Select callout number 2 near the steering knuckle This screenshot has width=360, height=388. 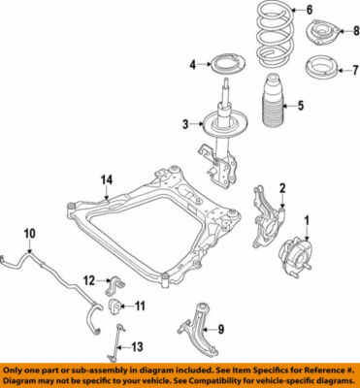[x=282, y=188]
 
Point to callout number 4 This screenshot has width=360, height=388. [x=192, y=64]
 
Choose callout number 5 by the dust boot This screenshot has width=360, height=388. [x=301, y=106]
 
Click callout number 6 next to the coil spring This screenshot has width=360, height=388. [x=310, y=11]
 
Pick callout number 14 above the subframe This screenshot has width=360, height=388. [x=106, y=178]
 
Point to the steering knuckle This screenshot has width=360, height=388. [x=267, y=218]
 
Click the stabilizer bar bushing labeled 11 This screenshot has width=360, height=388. [x=115, y=307]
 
